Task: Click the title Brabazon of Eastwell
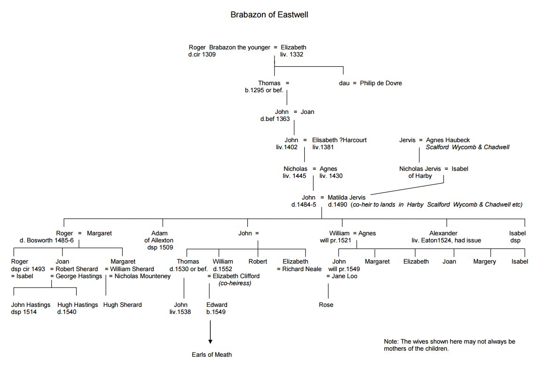coord(269,15)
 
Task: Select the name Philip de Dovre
coord(381,83)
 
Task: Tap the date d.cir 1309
coord(202,55)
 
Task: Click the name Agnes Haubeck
coord(447,140)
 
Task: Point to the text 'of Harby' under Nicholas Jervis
coord(420,176)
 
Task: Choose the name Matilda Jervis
coord(346,197)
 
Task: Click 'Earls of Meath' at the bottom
coord(212,354)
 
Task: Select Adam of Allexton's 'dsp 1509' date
coord(159,247)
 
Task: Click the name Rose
coord(326,305)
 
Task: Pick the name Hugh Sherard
coord(123,305)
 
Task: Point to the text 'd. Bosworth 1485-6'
coord(46,241)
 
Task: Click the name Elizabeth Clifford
coord(236,276)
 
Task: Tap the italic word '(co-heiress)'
coord(235,283)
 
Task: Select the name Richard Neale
coord(301,269)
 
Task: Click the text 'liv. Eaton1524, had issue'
coord(446,241)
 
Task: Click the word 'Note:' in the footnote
coord(392,341)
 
